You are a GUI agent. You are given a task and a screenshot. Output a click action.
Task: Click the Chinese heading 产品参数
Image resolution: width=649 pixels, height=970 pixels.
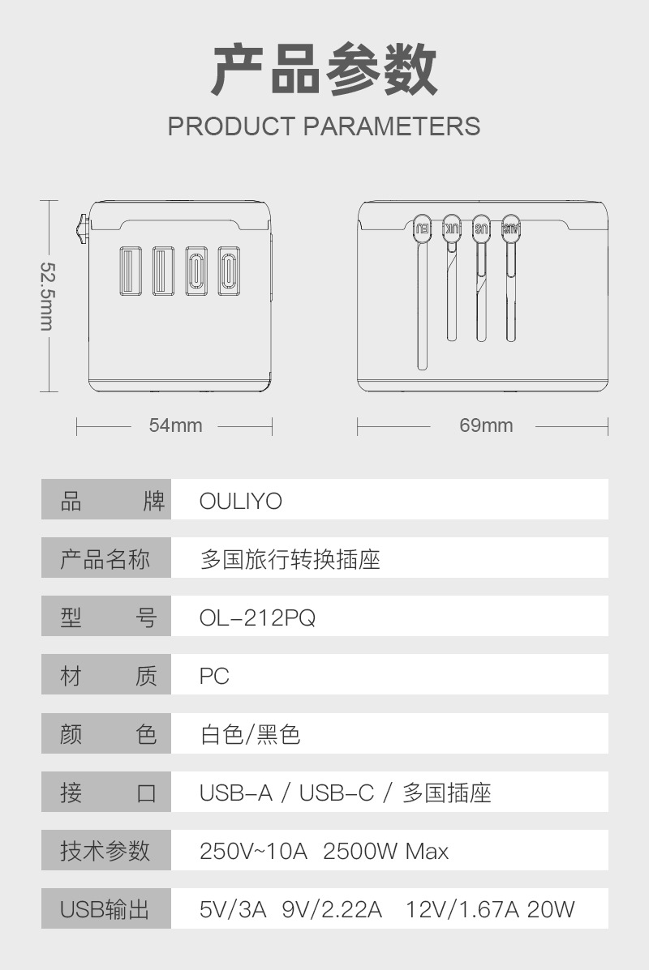324,71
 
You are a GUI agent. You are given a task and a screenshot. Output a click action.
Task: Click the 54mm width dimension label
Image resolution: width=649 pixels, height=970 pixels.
175,425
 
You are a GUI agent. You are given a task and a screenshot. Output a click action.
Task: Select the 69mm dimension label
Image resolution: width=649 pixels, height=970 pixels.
486,425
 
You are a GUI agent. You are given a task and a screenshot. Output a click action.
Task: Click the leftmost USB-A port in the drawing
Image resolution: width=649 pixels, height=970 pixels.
130,270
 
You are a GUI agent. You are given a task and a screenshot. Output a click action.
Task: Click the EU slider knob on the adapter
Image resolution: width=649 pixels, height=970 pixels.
423,228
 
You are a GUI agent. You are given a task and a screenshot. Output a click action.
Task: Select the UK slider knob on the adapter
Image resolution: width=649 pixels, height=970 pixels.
453,228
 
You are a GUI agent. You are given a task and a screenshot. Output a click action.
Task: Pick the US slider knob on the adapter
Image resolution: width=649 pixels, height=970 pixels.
482,228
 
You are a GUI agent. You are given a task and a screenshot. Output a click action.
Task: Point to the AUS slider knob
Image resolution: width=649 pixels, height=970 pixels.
511,228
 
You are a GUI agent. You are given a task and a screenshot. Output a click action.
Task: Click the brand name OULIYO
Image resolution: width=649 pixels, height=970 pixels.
241,502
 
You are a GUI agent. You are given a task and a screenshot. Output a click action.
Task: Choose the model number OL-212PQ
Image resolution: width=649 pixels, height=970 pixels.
257,618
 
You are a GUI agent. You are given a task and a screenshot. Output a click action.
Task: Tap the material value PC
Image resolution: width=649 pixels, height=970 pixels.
215,677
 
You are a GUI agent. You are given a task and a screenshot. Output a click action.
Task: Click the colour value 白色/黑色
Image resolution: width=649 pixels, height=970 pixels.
250,735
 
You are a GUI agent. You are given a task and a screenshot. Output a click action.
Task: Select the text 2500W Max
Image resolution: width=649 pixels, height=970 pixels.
385,852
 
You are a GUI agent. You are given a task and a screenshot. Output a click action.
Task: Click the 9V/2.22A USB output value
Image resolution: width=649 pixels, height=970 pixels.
332,909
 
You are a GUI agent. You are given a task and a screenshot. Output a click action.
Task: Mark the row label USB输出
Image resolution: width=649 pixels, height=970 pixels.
105,909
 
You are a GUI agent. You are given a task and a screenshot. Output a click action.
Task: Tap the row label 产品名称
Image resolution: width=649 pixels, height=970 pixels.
105,560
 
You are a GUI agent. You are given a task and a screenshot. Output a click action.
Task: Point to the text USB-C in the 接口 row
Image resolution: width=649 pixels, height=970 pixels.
337,793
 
